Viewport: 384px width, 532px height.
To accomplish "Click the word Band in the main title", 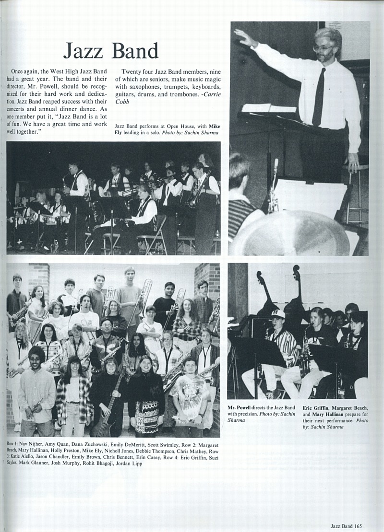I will [135, 51].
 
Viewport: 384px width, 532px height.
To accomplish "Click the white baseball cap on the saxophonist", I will [277, 314].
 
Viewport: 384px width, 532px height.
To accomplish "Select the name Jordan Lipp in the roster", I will [129, 463].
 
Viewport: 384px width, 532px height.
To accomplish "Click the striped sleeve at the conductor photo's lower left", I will [240, 216].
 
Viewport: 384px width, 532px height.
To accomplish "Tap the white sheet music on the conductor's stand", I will [269, 108].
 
